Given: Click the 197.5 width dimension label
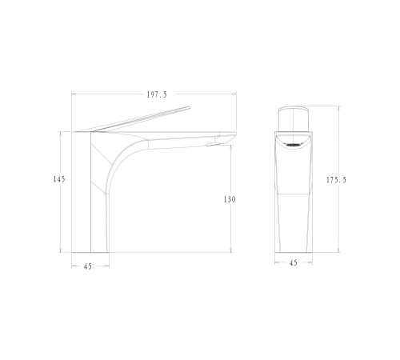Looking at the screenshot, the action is pyautogui.click(x=157, y=94).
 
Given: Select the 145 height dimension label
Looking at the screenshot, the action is pyautogui.click(x=59, y=179).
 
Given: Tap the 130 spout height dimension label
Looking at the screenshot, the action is pyautogui.click(x=230, y=199).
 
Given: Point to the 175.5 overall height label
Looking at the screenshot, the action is pyautogui.click(x=336, y=180).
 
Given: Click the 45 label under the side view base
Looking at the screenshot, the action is pyautogui.click(x=88, y=266).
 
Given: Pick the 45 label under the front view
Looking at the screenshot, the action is pyautogui.click(x=294, y=263).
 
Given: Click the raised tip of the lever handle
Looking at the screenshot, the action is pyautogui.click(x=189, y=107).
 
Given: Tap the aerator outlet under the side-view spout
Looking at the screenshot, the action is pyautogui.click(x=213, y=144).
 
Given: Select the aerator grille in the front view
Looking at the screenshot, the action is pyautogui.click(x=294, y=145).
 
